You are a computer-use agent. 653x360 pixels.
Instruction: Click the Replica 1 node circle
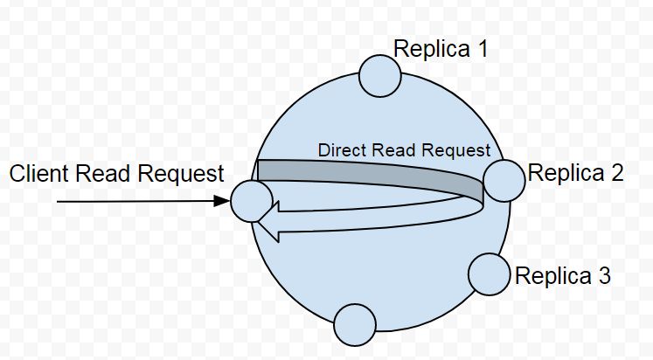coord(379,75)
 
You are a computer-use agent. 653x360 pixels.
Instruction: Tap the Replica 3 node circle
coord(489,274)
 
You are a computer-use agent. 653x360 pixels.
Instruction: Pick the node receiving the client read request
coord(252,200)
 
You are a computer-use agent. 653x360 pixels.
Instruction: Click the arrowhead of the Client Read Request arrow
coord(222,201)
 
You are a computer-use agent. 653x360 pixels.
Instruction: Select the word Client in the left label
coord(38,174)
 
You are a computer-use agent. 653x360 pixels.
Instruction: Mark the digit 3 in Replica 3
coord(603,277)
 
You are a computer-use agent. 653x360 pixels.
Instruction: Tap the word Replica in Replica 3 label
coord(552,277)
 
